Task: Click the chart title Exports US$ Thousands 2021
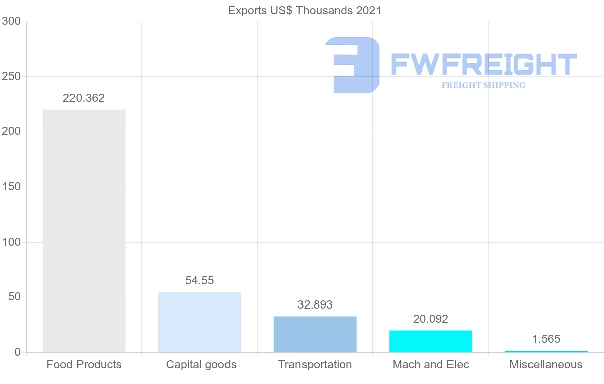pos(305,11)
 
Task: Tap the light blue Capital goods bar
pos(199,322)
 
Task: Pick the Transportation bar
pos(315,334)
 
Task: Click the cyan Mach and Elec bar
pos(430,341)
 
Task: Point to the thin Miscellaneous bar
pos(546,351)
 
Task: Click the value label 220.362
pos(84,98)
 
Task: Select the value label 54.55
pos(199,281)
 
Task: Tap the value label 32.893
pos(315,305)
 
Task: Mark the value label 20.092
pos(430,319)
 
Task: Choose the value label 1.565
pos(546,339)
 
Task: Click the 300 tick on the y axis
pos(11,21)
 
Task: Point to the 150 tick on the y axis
pos(11,187)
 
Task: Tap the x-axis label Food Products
pos(84,365)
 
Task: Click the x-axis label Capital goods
pos(201,365)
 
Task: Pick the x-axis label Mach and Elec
pos(430,365)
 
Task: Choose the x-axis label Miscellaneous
pos(546,365)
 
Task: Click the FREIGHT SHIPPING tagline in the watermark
pos(484,85)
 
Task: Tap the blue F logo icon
pos(352,65)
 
